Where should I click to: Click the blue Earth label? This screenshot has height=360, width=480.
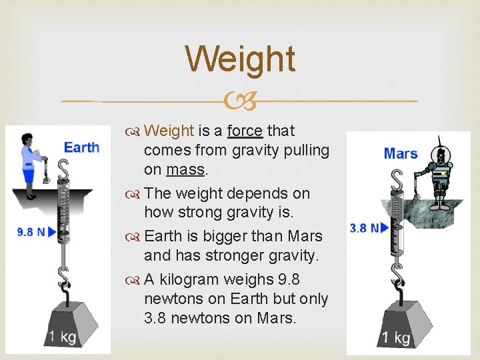coord(82,147)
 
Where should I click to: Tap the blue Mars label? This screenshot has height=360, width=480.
coord(401,153)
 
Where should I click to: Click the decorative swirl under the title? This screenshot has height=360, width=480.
coord(240,101)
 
